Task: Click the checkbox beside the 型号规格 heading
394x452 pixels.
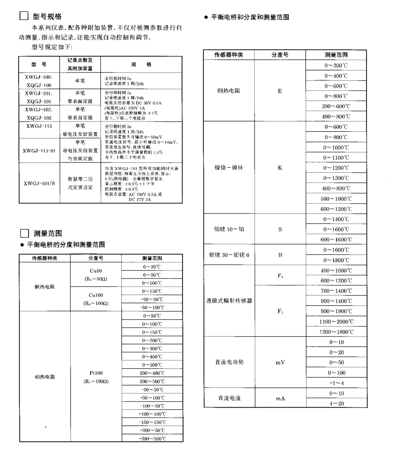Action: click(24, 17)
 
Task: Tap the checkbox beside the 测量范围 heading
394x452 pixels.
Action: click(24, 234)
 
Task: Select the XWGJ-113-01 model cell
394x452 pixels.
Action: click(39, 150)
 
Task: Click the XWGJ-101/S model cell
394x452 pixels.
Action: click(39, 183)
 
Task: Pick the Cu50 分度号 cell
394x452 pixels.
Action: click(96, 275)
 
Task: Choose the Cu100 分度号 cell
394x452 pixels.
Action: click(96, 299)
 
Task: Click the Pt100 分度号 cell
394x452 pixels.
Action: click(96, 377)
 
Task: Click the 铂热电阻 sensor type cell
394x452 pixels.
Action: click(45, 377)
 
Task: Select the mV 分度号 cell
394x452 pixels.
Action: click(280, 362)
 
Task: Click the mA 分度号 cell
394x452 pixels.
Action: click(280, 398)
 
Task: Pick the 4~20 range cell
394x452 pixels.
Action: click(336, 403)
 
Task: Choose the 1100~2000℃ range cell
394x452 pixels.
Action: click(336, 321)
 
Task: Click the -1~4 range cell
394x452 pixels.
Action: click(336, 383)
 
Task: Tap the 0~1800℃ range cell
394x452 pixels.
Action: click(336, 260)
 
